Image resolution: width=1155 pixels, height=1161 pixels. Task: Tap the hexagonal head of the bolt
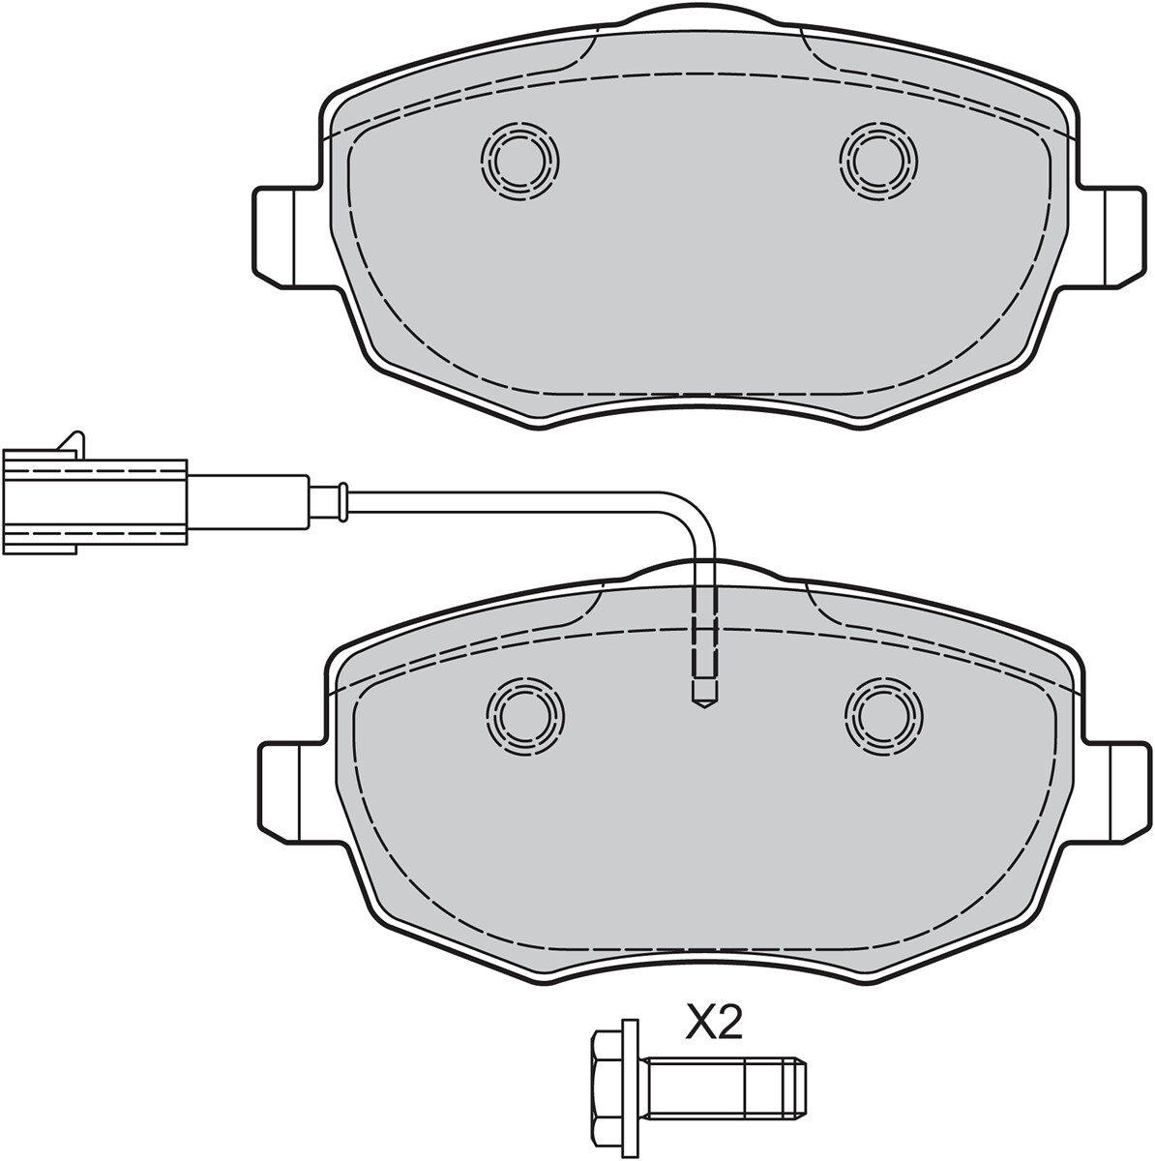coord(607,1082)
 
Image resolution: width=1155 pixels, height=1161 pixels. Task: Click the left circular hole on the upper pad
coord(520,161)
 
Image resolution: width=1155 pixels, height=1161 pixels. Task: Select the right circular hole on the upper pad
coord(878,161)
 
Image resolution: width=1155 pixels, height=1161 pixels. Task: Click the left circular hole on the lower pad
coord(525,716)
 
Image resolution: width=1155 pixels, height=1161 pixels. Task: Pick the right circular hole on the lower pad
coord(883,716)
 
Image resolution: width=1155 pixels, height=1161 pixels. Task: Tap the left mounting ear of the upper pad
coord(285,237)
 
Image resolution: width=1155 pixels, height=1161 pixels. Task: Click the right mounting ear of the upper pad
coord(1111,237)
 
